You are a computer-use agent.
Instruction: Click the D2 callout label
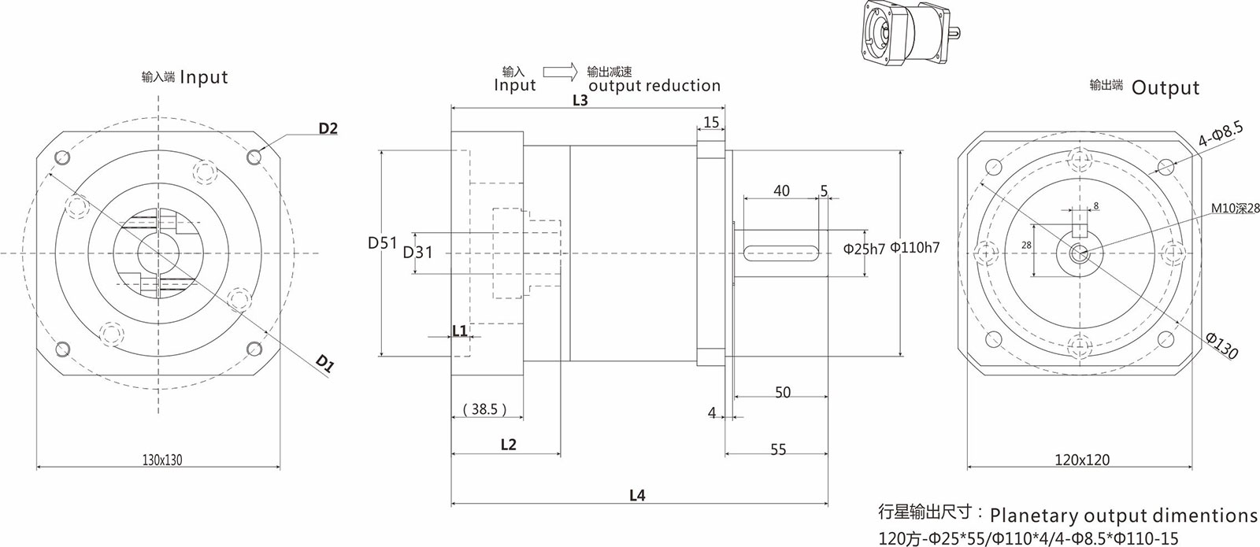click(x=328, y=128)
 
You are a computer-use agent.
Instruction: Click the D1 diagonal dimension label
click(x=325, y=363)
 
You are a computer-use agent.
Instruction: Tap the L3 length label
click(x=580, y=101)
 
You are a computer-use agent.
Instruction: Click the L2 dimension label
click(x=508, y=445)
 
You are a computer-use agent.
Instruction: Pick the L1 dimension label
click(x=460, y=331)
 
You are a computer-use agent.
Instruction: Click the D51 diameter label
click(x=383, y=243)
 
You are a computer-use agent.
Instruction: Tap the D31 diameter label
click(x=418, y=253)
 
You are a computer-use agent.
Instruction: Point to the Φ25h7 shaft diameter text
click(x=865, y=248)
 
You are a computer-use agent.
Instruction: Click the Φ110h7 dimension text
click(x=915, y=248)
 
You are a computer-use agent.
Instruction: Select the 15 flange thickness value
click(x=711, y=122)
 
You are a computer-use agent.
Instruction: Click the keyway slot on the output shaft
click(x=779, y=252)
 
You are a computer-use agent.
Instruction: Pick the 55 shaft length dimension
click(x=778, y=449)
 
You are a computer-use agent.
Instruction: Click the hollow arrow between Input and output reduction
click(x=560, y=71)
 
